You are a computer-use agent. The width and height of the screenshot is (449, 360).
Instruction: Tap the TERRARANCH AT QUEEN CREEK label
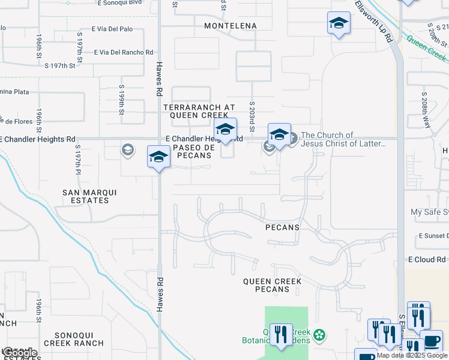[x=196, y=111]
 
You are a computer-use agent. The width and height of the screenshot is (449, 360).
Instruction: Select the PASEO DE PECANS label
[x=193, y=151]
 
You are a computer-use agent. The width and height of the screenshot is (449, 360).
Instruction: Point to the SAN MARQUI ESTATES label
[x=90, y=196]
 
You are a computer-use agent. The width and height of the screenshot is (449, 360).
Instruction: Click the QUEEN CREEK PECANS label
[x=274, y=285]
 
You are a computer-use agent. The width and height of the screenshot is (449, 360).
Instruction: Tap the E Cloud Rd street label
[x=427, y=260]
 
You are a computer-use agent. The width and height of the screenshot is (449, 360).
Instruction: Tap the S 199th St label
[x=121, y=103]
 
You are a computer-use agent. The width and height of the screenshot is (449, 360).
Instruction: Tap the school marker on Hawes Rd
[x=158, y=157]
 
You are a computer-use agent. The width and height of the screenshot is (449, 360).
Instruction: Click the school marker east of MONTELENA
[x=339, y=23]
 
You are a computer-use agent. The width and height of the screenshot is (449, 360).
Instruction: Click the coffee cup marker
[x=431, y=340]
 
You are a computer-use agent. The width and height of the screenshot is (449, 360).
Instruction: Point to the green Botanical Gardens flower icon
[x=320, y=334]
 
